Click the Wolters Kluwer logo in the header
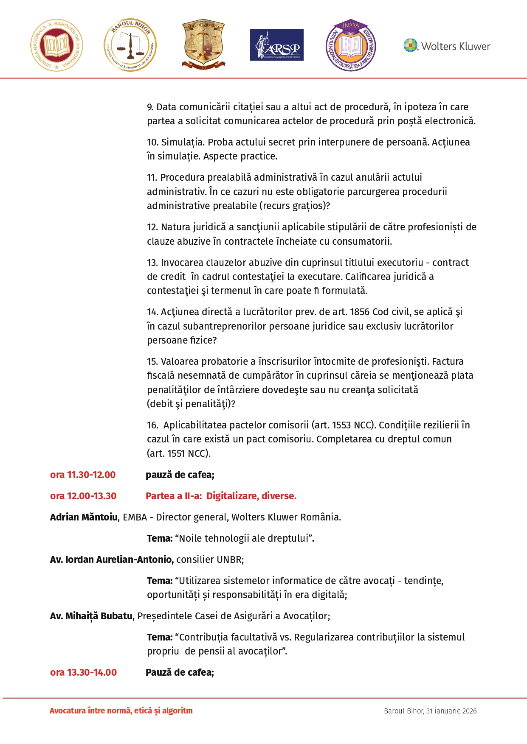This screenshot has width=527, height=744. pyautogui.click(x=447, y=45)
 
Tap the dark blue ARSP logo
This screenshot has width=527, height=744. pyautogui.click(x=276, y=45)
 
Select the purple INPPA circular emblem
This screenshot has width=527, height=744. pyautogui.click(x=351, y=45)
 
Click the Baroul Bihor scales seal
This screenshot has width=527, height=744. pyautogui.click(x=130, y=45)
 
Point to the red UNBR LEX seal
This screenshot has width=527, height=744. pyautogui.click(x=56, y=45)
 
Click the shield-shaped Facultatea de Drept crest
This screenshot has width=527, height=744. pyautogui.click(x=203, y=44)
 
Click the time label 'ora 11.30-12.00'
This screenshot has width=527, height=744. pyautogui.click(x=83, y=475)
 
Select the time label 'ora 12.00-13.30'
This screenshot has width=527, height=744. pyautogui.click(x=83, y=496)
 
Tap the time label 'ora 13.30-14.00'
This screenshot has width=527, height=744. pyautogui.click(x=83, y=672)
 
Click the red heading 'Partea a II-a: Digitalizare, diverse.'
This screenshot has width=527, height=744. pyautogui.click(x=221, y=496)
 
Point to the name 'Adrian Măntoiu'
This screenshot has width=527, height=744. pyautogui.click(x=84, y=517)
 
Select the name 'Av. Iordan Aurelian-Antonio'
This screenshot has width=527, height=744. pyautogui.click(x=112, y=559)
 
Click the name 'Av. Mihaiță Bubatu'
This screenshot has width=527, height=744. pyautogui.click(x=91, y=616)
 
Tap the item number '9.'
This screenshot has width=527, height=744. pyautogui.click(x=150, y=107)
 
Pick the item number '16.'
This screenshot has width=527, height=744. pyautogui.click(x=152, y=425)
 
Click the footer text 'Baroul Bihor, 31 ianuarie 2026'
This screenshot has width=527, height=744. pyautogui.click(x=430, y=711)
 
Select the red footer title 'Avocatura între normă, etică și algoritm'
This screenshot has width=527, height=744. pyautogui.click(x=121, y=710)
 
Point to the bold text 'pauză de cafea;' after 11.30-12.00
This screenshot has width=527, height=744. pyautogui.click(x=180, y=475)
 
